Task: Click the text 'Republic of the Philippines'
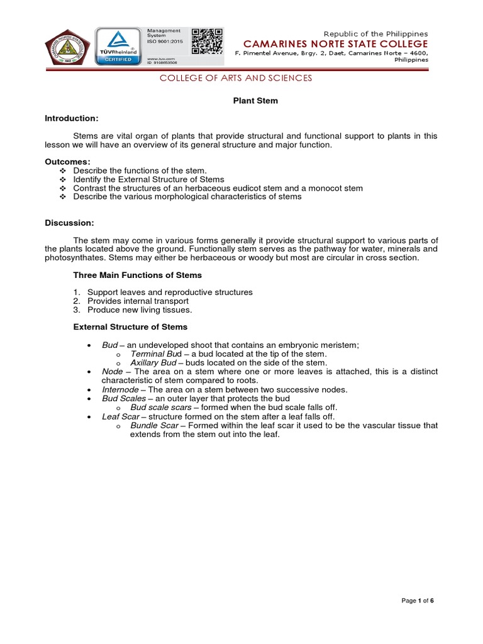pyautogui.click(x=375, y=33)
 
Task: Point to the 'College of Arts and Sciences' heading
pyautogui.click(x=235, y=78)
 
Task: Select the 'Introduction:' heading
pyautogui.click(x=72, y=118)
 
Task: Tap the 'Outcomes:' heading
pyautogui.click(x=68, y=162)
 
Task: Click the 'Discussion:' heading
pyautogui.click(x=70, y=223)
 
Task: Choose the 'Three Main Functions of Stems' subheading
pyautogui.click(x=137, y=275)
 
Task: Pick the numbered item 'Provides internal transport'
pyautogui.click(x=138, y=301)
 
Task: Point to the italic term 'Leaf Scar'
pyautogui.click(x=119, y=416)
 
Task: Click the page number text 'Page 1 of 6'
pyautogui.click(x=418, y=601)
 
